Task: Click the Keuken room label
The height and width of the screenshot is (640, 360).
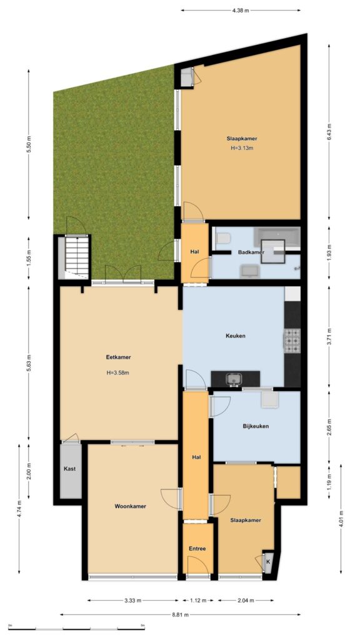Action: [x=235, y=336]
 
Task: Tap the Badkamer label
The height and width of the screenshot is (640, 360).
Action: [x=251, y=252]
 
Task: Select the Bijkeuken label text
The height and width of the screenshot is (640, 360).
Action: [x=256, y=426]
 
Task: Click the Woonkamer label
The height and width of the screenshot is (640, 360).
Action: [x=130, y=506]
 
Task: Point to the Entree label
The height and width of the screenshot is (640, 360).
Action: [x=197, y=549]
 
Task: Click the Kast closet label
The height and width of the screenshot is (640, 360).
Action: [x=69, y=469]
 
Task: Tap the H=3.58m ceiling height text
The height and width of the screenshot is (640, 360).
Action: [x=118, y=372]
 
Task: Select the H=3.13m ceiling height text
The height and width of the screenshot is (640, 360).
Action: [x=242, y=148]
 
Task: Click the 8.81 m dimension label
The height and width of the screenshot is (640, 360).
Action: [x=180, y=614]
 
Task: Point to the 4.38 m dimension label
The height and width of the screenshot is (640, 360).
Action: [x=241, y=11]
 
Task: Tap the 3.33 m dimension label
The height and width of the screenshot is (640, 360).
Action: [x=132, y=600]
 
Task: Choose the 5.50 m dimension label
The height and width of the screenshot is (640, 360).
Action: [x=29, y=144]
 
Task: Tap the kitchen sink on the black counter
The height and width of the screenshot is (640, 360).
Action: [x=235, y=379]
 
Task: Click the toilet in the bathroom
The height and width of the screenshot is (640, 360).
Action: [x=223, y=238]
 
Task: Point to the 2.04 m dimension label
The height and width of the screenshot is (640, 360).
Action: [x=246, y=600]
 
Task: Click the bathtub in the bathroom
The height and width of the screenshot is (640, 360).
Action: [x=277, y=239]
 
